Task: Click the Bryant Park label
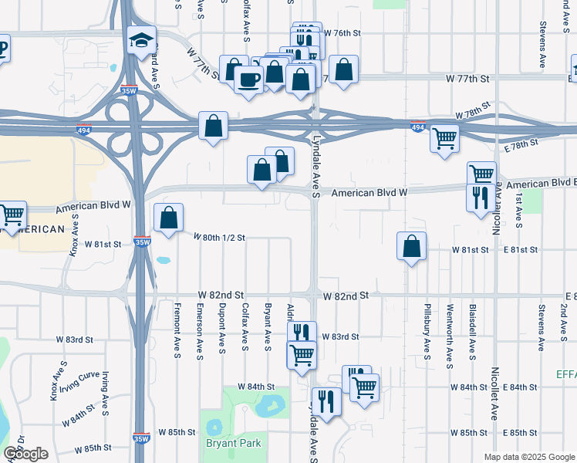[233, 443]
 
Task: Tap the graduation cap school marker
[142, 41]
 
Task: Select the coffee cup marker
[248, 80]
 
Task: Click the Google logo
[25, 454]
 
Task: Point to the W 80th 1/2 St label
[219, 237]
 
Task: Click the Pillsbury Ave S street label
[427, 333]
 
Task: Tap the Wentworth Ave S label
[449, 333]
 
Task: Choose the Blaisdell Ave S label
[471, 333]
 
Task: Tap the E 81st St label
[518, 250]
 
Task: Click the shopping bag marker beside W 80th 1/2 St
[168, 218]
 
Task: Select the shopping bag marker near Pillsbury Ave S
[412, 247]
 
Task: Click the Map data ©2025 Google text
[529, 457]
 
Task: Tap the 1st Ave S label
[519, 211]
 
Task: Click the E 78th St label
[519, 144]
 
